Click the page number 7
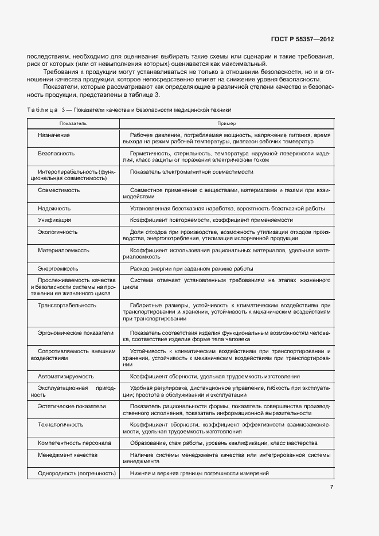pyautogui.click(x=331, y=487)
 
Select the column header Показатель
pyautogui.click(x=73, y=124)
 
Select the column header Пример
pyautogui.click(x=226, y=124)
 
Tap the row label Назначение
pyautogui.click(x=54, y=134)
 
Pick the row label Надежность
pyautogui.click(x=54, y=209)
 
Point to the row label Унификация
pyautogui.click(x=54, y=220)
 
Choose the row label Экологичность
pyautogui.click(x=57, y=232)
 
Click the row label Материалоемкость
pyautogui.click(x=63, y=251)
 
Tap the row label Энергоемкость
pyautogui.click(x=58, y=268)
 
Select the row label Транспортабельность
pyautogui.click(x=67, y=306)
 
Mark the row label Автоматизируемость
pyautogui.click(x=66, y=377)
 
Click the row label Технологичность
pyautogui.click(x=60, y=425)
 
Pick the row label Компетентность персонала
pyautogui.click(x=75, y=443)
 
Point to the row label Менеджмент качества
pyautogui.click(x=68, y=455)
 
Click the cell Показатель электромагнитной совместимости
pyautogui.click(x=192, y=171)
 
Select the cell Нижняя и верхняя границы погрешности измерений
pyautogui.click(x=199, y=474)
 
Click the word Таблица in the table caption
pyautogui.click(x=42, y=109)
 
